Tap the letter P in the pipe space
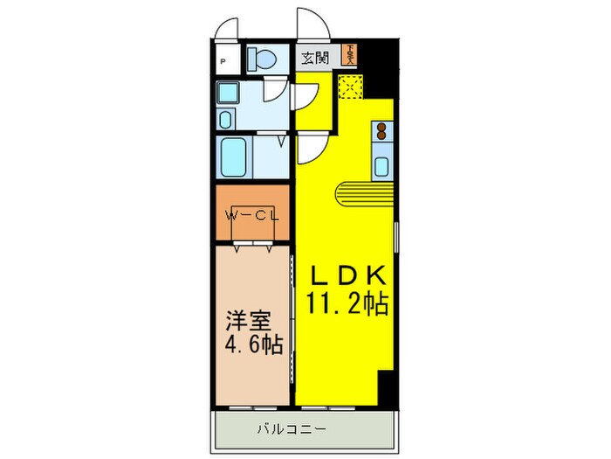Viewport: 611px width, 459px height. pos(224,61)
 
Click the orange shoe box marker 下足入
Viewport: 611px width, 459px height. pos(349,55)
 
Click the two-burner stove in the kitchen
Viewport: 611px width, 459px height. pos(381,133)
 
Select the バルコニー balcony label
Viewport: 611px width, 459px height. pos(292,430)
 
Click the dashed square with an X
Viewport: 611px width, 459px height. pos(350,87)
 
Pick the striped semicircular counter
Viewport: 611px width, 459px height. pos(362,191)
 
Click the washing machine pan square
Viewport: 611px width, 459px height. pos(230,94)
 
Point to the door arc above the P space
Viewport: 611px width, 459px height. pos(228,25)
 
